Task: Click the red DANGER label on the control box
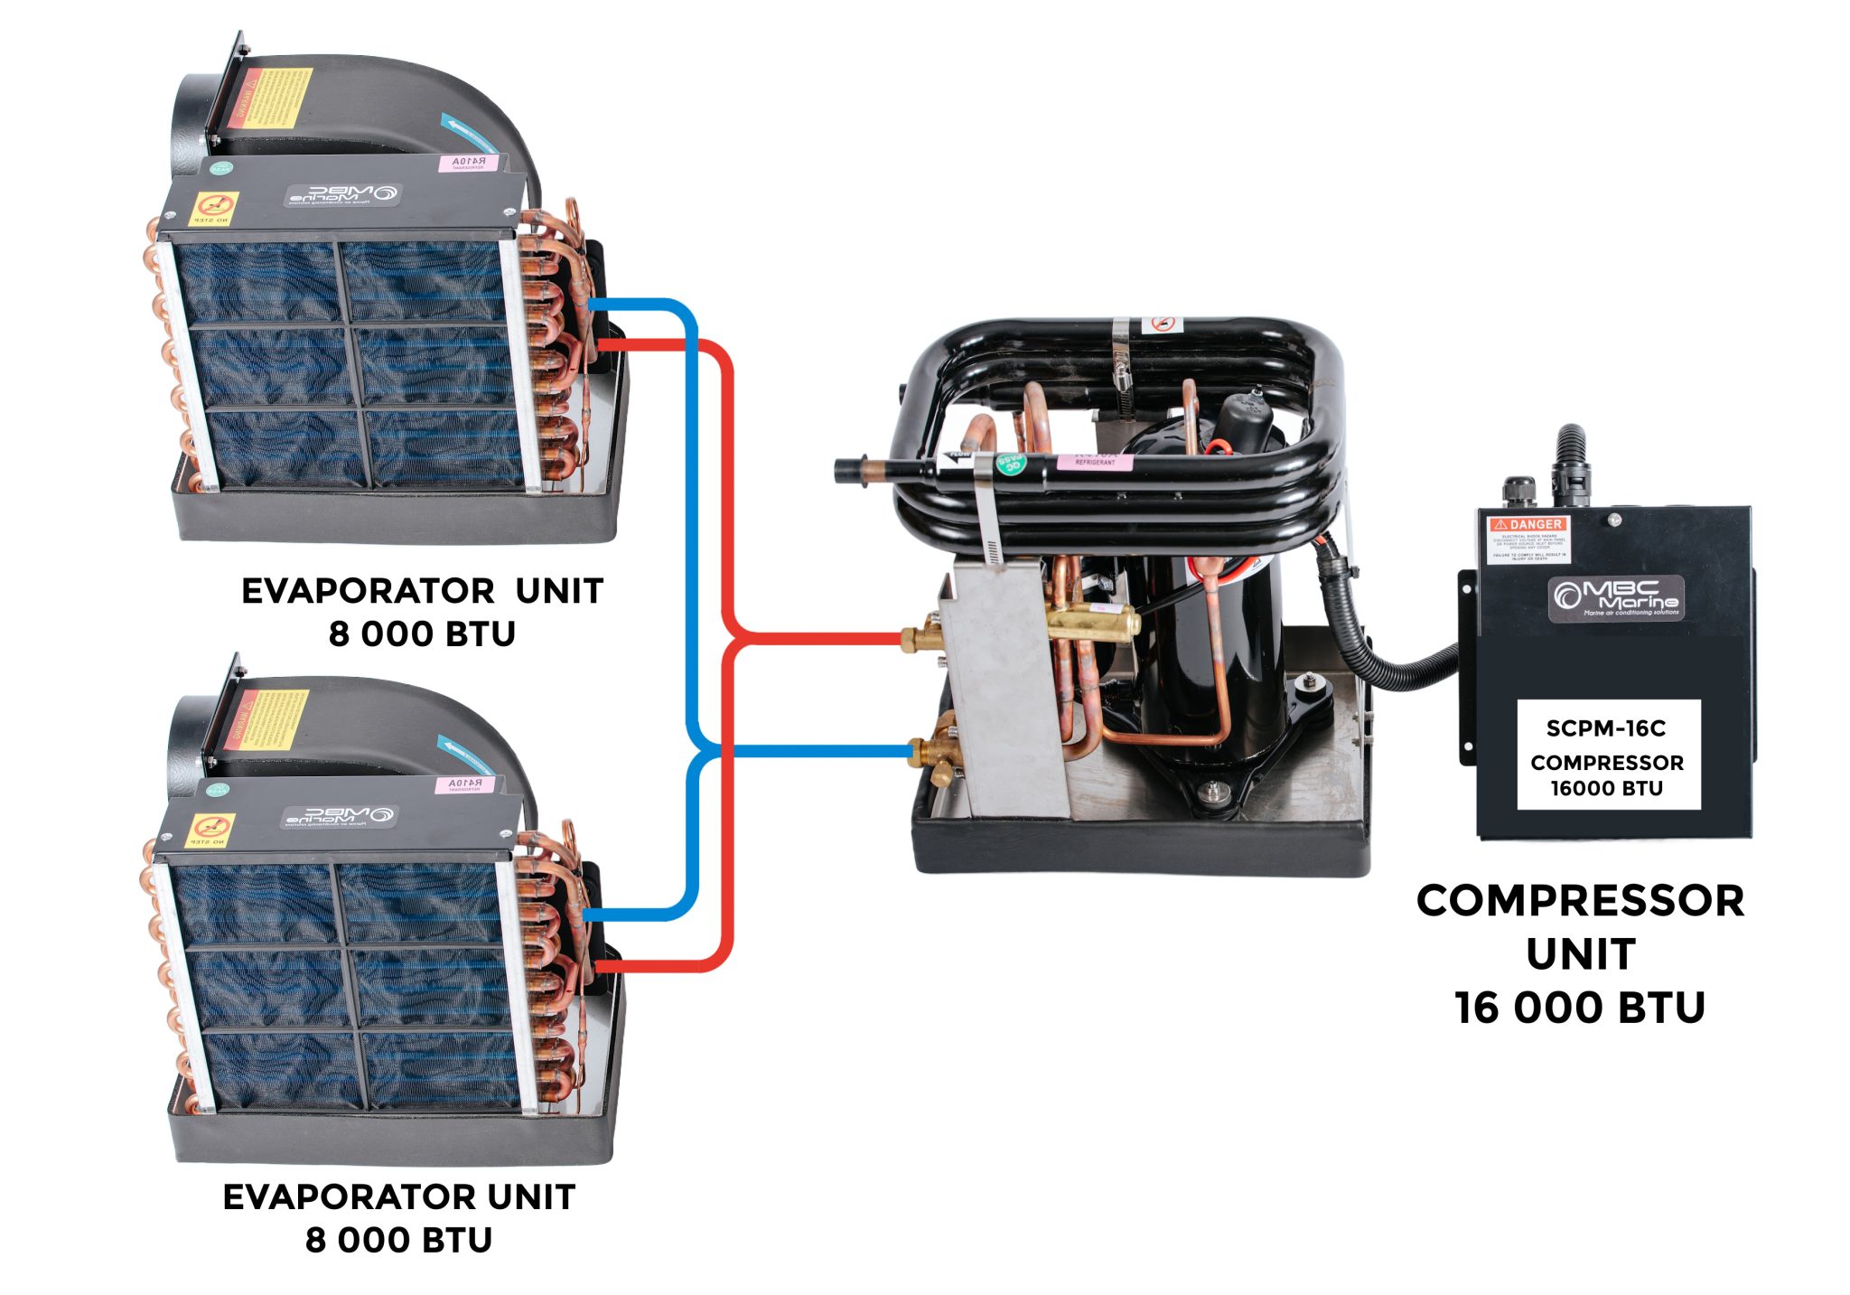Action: coord(1529,524)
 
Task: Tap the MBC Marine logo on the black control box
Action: coord(1615,597)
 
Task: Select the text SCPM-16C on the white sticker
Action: coord(1605,728)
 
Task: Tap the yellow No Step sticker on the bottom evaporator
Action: coord(210,830)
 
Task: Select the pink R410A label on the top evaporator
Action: coord(468,162)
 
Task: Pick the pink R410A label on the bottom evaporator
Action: coord(464,784)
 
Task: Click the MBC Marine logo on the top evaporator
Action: coord(343,194)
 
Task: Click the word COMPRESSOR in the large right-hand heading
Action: coord(1580,901)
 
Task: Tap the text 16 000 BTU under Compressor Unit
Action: coord(1580,1007)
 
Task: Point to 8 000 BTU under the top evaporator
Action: coord(422,634)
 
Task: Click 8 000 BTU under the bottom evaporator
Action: coord(398,1240)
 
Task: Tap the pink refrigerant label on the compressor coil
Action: coord(1094,462)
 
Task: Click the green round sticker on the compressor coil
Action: coord(1010,464)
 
